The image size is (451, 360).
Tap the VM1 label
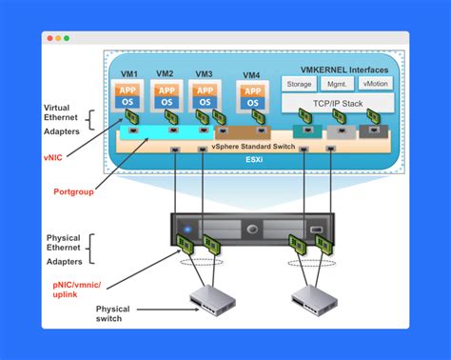coord(129,74)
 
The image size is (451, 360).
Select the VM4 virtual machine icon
coord(252,97)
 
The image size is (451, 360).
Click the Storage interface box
coord(300,84)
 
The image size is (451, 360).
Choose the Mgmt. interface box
coord(339,84)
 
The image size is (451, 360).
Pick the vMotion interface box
coord(376,84)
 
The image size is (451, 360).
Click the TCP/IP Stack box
coord(338,103)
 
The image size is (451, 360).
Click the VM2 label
coord(166,74)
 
